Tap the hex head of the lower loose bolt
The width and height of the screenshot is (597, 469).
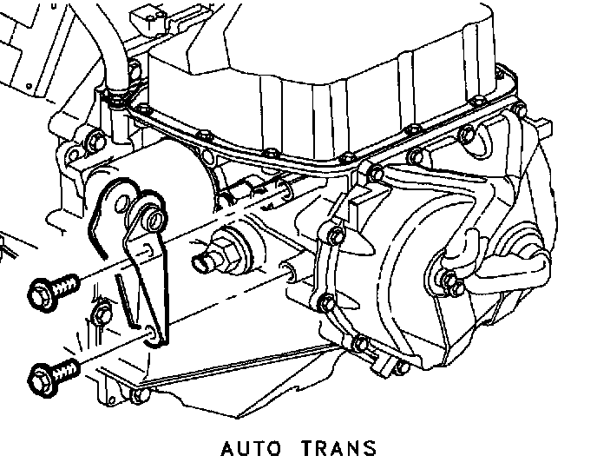[x=40, y=378]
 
